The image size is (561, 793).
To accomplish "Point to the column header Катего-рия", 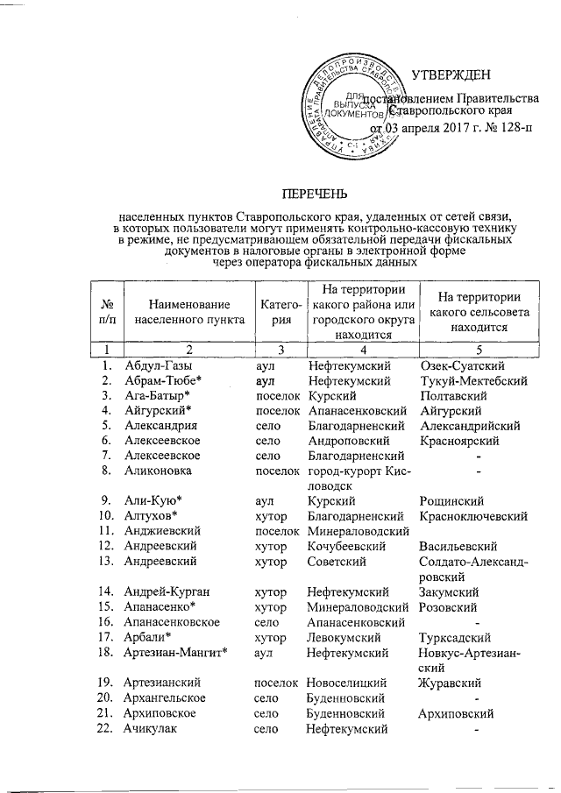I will click(x=279, y=313).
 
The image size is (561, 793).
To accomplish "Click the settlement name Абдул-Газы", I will click(x=158, y=365).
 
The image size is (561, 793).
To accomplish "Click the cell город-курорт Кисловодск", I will click(x=357, y=478).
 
